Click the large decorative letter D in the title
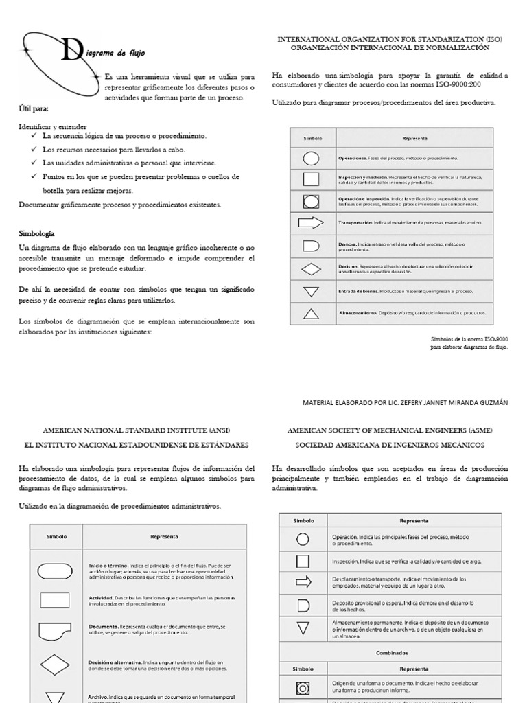click(x=69, y=50)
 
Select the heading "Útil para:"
click(x=34, y=109)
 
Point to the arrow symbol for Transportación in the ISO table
click(x=311, y=222)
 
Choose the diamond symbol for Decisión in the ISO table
click(x=311, y=268)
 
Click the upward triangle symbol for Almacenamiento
click(x=311, y=313)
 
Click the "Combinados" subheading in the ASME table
click(x=391, y=654)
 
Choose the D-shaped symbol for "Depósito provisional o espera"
click(x=303, y=605)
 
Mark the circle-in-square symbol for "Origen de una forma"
click(x=303, y=688)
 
